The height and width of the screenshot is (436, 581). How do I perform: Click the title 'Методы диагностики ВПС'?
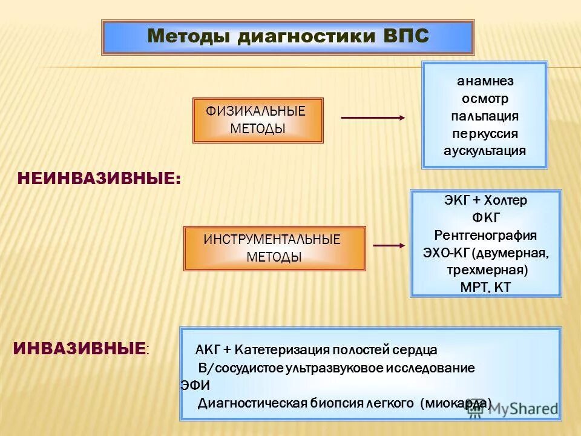[288, 36]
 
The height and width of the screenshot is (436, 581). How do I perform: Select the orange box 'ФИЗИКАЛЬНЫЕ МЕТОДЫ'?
[258, 120]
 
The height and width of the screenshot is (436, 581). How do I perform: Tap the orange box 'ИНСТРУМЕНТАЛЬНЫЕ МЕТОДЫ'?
[274, 248]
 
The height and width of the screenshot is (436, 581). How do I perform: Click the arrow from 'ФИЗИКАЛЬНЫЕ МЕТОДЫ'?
[373, 117]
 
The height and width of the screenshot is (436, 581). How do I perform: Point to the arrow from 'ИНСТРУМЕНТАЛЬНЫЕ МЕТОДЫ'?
[389, 245]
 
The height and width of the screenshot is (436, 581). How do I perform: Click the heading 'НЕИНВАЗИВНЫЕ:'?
[99, 178]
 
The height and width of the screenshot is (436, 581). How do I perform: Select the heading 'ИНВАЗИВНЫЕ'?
[79, 349]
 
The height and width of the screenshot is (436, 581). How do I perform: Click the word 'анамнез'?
[485, 81]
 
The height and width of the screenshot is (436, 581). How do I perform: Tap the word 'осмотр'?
[485, 98]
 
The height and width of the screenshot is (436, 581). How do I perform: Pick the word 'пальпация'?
[485, 116]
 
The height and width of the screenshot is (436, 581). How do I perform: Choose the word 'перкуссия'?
[485, 133]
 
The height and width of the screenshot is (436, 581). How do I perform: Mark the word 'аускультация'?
[485, 151]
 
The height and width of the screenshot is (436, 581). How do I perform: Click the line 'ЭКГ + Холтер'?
[486, 200]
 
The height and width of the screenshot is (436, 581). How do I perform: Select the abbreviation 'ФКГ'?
[486, 217]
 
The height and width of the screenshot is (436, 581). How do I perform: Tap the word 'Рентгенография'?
[486, 235]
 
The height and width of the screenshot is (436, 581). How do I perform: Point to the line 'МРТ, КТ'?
[486, 287]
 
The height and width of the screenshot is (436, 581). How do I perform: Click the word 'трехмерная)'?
[487, 269]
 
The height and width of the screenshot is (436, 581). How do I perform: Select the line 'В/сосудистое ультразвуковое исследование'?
[336, 368]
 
